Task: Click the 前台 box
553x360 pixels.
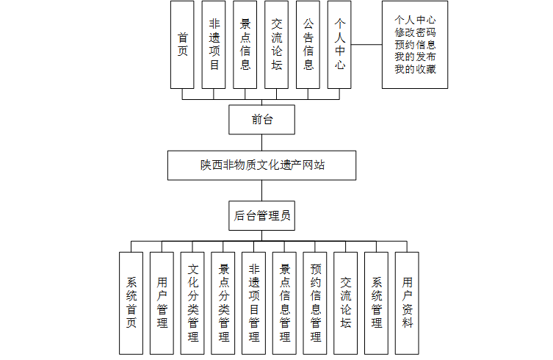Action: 261,119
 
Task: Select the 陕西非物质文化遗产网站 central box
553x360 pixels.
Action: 261,165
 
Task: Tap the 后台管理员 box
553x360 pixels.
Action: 261,215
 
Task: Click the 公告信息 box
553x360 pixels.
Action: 308,44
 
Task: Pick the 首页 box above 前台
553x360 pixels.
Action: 182,44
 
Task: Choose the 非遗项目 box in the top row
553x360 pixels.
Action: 214,44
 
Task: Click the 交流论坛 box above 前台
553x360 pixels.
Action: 277,44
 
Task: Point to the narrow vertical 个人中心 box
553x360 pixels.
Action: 339,44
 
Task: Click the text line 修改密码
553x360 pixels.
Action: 414,32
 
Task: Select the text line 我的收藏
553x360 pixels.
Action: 414,70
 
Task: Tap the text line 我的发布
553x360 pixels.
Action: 414,57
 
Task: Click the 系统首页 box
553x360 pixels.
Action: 131,303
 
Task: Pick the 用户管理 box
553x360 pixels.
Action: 162,303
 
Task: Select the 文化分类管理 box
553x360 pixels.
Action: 193,303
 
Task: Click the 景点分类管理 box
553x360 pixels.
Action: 224,303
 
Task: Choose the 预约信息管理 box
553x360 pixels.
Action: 316,303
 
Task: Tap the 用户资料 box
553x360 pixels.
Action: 407,303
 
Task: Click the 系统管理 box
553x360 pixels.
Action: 377,303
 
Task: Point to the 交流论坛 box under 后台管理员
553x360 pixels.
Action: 346,303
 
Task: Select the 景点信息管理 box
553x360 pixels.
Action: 285,303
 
